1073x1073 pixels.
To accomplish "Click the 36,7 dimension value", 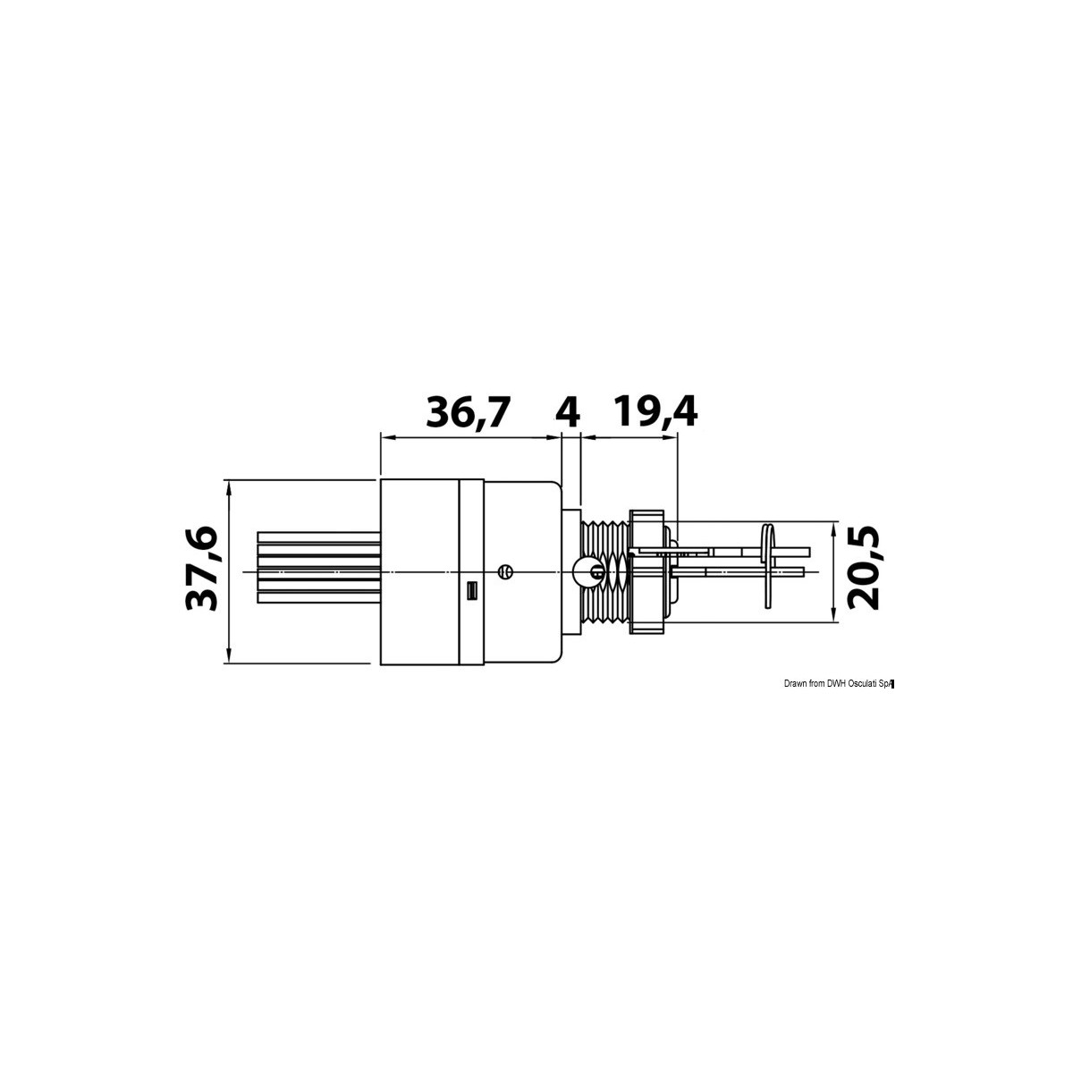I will pyautogui.click(x=468, y=412).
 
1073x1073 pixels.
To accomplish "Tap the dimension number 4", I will pyautogui.click(x=568, y=412).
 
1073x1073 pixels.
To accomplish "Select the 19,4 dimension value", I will pyautogui.click(x=655, y=412).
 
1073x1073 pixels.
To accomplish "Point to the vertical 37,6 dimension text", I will pyautogui.click(x=201, y=570).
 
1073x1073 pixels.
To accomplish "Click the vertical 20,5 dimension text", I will pyautogui.click(x=864, y=570).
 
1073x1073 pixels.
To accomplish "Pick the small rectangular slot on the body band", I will pyautogui.click(x=472, y=591).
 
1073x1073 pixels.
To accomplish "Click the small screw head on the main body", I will pyautogui.click(x=505, y=570).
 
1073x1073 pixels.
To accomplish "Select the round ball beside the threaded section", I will pyautogui.click(x=582, y=570).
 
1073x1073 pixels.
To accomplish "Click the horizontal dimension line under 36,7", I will pyautogui.click(x=465, y=436).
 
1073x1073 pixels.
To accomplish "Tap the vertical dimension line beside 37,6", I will pyautogui.click(x=230, y=572).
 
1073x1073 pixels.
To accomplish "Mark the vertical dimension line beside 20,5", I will pyautogui.click(x=833, y=571).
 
